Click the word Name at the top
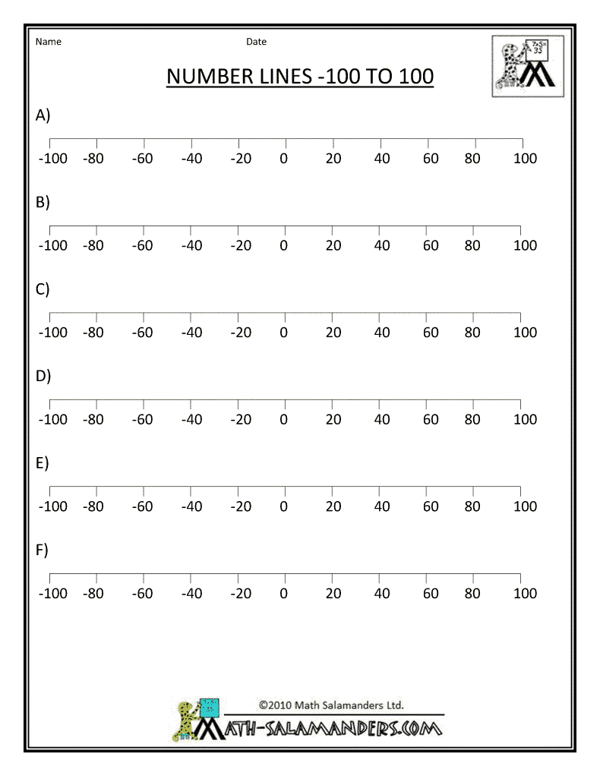click(48, 42)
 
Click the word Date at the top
click(256, 42)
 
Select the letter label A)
click(43, 115)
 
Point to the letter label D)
click(43, 376)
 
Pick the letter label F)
click(43, 550)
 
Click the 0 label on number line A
click(284, 159)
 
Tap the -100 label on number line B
click(52, 245)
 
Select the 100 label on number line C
click(525, 333)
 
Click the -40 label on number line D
click(191, 419)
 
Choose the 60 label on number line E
click(431, 506)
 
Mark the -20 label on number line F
click(241, 593)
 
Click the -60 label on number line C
click(142, 333)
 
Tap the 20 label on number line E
click(333, 506)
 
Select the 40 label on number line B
click(382, 245)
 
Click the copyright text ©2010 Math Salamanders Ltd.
click(331, 705)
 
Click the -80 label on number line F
click(93, 593)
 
